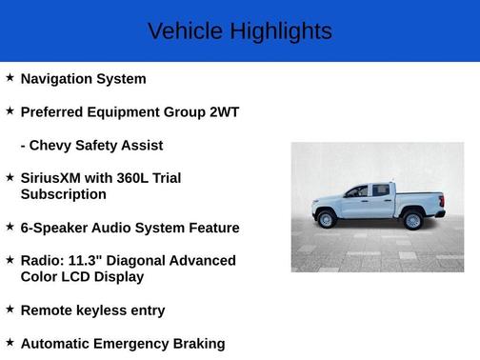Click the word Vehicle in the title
click(179, 31)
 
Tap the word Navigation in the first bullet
click(61, 79)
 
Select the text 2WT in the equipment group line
click(224, 112)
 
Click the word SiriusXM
click(53, 178)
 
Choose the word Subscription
click(63, 194)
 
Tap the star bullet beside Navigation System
click(10, 78)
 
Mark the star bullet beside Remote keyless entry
click(10, 310)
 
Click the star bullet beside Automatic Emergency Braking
click(10, 343)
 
